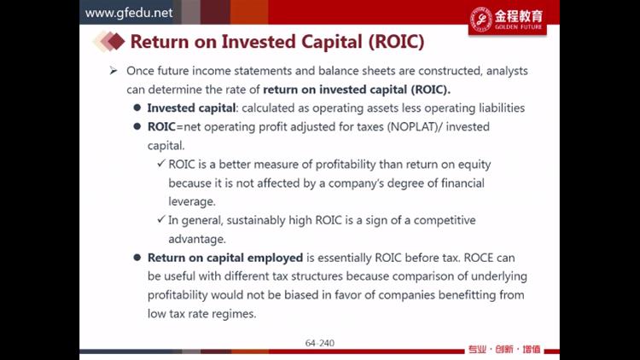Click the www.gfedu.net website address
pyautogui.click(x=129, y=13)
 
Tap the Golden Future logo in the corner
pyautogui.click(x=508, y=20)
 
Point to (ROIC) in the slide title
pyautogui.click(x=396, y=42)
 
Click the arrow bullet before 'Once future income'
pyautogui.click(x=113, y=71)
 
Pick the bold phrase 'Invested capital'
pyautogui.click(x=191, y=108)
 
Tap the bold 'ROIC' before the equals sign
pyautogui.click(x=161, y=127)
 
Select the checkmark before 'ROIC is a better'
pyautogui.click(x=160, y=164)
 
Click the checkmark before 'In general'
pyautogui.click(x=160, y=219)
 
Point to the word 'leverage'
pyautogui.click(x=190, y=201)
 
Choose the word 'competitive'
pyautogui.click(x=445, y=220)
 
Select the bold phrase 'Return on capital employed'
pyautogui.click(x=225, y=258)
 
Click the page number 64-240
pyautogui.click(x=320, y=343)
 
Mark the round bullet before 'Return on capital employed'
pyautogui.click(x=137, y=258)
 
